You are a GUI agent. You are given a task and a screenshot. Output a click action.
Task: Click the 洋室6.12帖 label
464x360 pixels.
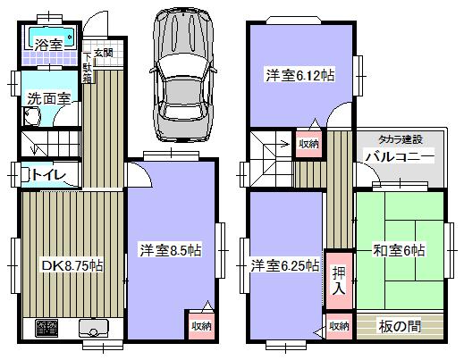(x=299, y=76)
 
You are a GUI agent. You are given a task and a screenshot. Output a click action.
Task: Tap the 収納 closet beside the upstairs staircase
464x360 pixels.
(x=308, y=144)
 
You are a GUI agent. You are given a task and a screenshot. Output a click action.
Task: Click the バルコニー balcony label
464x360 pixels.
(x=399, y=158)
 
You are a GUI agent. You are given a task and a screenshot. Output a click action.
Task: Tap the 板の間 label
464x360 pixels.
(x=400, y=326)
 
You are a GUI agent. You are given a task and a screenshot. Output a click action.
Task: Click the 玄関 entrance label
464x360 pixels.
(x=104, y=29)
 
